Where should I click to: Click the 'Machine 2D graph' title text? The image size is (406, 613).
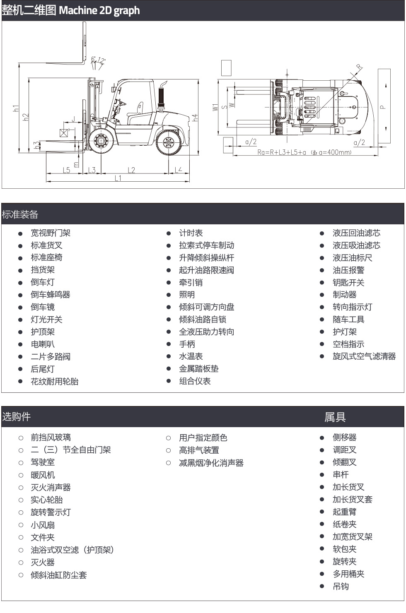(99, 10)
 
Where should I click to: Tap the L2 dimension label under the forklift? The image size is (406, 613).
(131, 170)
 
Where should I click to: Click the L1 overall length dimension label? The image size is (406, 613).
(118, 178)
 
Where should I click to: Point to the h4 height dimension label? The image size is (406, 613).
(195, 118)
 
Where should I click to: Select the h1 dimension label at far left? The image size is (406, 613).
(16, 108)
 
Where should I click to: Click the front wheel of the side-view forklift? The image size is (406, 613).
(101, 141)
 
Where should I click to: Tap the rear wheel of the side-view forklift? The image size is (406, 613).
(168, 143)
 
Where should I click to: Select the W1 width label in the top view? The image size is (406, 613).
(215, 107)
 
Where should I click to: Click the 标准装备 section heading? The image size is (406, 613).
(20, 214)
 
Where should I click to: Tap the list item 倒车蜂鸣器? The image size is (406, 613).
(51, 295)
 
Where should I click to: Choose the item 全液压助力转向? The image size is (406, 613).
(206, 332)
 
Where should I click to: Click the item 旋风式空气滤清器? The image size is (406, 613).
(364, 356)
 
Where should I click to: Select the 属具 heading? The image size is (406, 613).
(335, 417)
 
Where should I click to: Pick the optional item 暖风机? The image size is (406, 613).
(43, 475)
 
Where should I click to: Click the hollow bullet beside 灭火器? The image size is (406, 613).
(21, 563)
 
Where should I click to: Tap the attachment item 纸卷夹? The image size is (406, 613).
(344, 524)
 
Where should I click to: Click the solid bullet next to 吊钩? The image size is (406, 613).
(322, 587)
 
